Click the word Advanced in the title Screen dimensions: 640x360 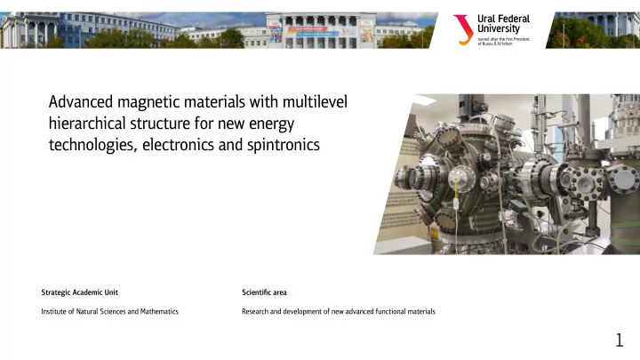pos(81,101)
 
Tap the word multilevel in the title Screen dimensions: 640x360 pos(315,101)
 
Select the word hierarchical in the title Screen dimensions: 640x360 pos(87,124)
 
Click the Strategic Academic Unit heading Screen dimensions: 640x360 pos(80,292)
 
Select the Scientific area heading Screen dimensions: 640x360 pos(264,292)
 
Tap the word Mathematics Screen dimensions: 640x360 pos(159,311)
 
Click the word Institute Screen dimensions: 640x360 pos(54,311)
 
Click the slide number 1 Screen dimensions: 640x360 pos(620,340)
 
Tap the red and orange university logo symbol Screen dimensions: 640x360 pos(463,30)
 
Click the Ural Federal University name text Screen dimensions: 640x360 pos(503,24)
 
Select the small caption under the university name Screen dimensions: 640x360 pos(504,41)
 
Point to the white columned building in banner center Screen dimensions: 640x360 pos(321,30)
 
